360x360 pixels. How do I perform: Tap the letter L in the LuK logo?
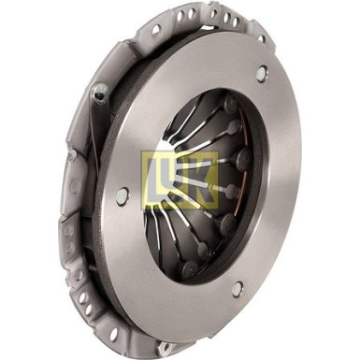point(156,180)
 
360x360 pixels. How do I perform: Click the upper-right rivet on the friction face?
point(261,74)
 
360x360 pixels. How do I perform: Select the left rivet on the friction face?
point(122,196)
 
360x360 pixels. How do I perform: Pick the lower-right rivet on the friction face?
point(238,288)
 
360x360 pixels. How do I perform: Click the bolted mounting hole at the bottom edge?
point(165,347)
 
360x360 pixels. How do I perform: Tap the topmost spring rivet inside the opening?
point(231,103)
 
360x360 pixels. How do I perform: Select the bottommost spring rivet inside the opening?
point(189,268)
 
